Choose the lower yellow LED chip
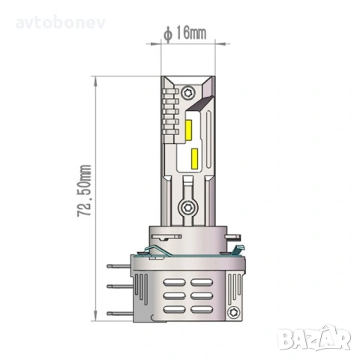tap(194, 158)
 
